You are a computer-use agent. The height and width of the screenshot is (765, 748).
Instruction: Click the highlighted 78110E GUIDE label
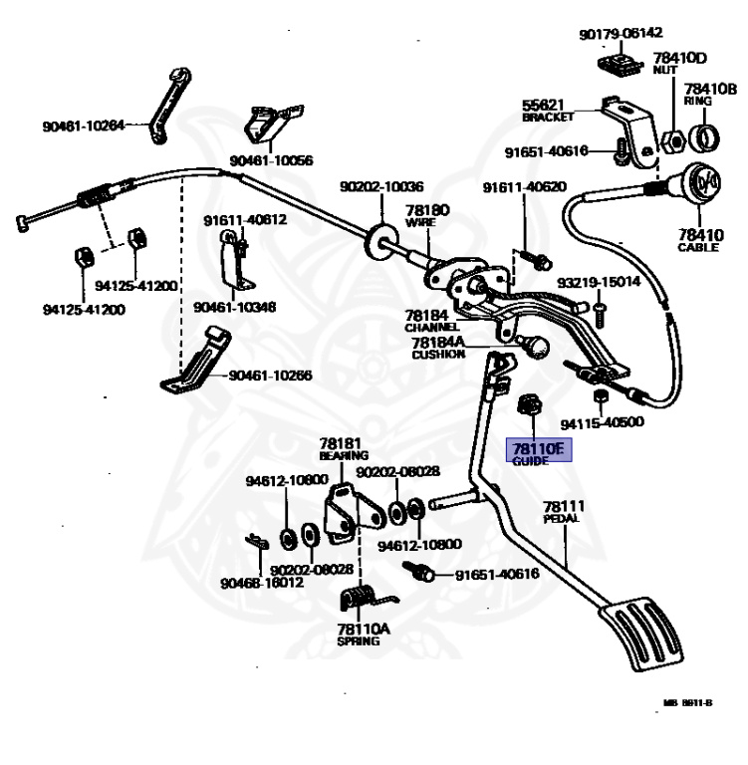click(x=537, y=453)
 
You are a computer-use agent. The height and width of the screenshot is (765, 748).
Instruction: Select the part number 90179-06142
click(x=621, y=34)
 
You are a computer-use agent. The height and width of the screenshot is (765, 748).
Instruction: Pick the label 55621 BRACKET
click(x=549, y=110)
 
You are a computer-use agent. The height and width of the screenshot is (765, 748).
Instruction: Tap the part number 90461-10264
click(x=84, y=126)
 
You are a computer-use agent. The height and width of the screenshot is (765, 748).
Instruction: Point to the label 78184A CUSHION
click(x=438, y=348)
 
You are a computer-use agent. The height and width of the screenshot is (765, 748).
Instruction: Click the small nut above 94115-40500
click(x=601, y=396)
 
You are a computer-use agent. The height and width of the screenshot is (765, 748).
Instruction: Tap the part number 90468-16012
click(x=262, y=583)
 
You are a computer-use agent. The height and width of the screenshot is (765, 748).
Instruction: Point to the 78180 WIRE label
click(x=427, y=216)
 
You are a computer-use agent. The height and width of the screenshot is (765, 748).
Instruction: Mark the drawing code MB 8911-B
click(x=687, y=702)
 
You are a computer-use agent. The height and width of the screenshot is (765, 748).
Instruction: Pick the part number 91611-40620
click(x=525, y=187)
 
